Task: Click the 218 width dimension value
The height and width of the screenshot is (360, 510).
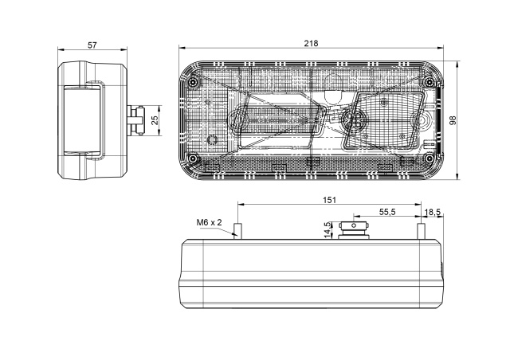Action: click(x=311, y=43)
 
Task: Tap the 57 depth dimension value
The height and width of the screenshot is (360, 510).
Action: click(x=92, y=45)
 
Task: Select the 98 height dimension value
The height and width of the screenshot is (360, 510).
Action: click(x=453, y=120)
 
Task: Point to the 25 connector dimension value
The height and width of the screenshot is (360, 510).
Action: click(x=155, y=120)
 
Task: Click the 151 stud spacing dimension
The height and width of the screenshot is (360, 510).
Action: click(x=329, y=200)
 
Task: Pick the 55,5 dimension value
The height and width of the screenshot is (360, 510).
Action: click(x=387, y=212)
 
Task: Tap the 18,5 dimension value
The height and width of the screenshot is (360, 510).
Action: click(x=433, y=213)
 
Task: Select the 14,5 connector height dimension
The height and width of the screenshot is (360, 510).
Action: click(x=328, y=229)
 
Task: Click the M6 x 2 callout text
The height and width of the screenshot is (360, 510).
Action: click(x=209, y=222)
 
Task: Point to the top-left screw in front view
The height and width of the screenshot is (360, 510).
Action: click(x=194, y=81)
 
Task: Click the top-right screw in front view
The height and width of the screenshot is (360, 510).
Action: click(x=429, y=81)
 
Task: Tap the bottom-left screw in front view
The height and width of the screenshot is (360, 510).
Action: click(x=194, y=158)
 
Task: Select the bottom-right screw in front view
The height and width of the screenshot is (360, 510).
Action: click(x=429, y=158)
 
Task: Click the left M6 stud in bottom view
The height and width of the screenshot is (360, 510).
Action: click(x=237, y=231)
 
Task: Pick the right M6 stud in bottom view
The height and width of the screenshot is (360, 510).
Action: click(x=421, y=231)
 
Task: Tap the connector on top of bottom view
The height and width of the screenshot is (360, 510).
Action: click(x=354, y=230)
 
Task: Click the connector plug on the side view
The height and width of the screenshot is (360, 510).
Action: click(x=135, y=120)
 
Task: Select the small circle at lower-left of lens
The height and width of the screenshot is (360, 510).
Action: click(x=213, y=140)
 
